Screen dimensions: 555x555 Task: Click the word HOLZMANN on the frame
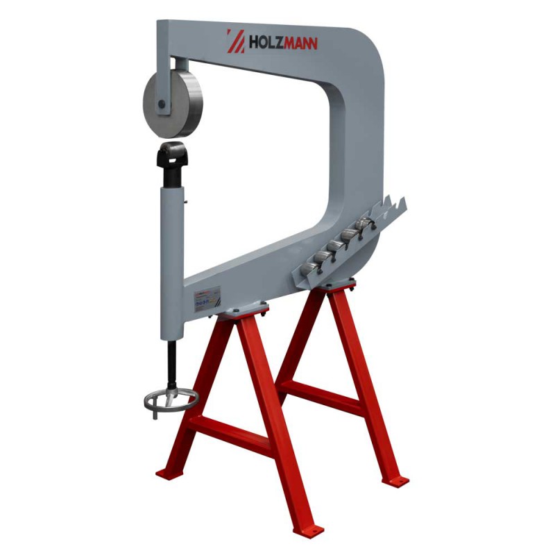(283, 44)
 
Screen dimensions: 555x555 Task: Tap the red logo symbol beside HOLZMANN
(235, 40)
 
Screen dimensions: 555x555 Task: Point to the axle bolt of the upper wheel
(161, 105)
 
